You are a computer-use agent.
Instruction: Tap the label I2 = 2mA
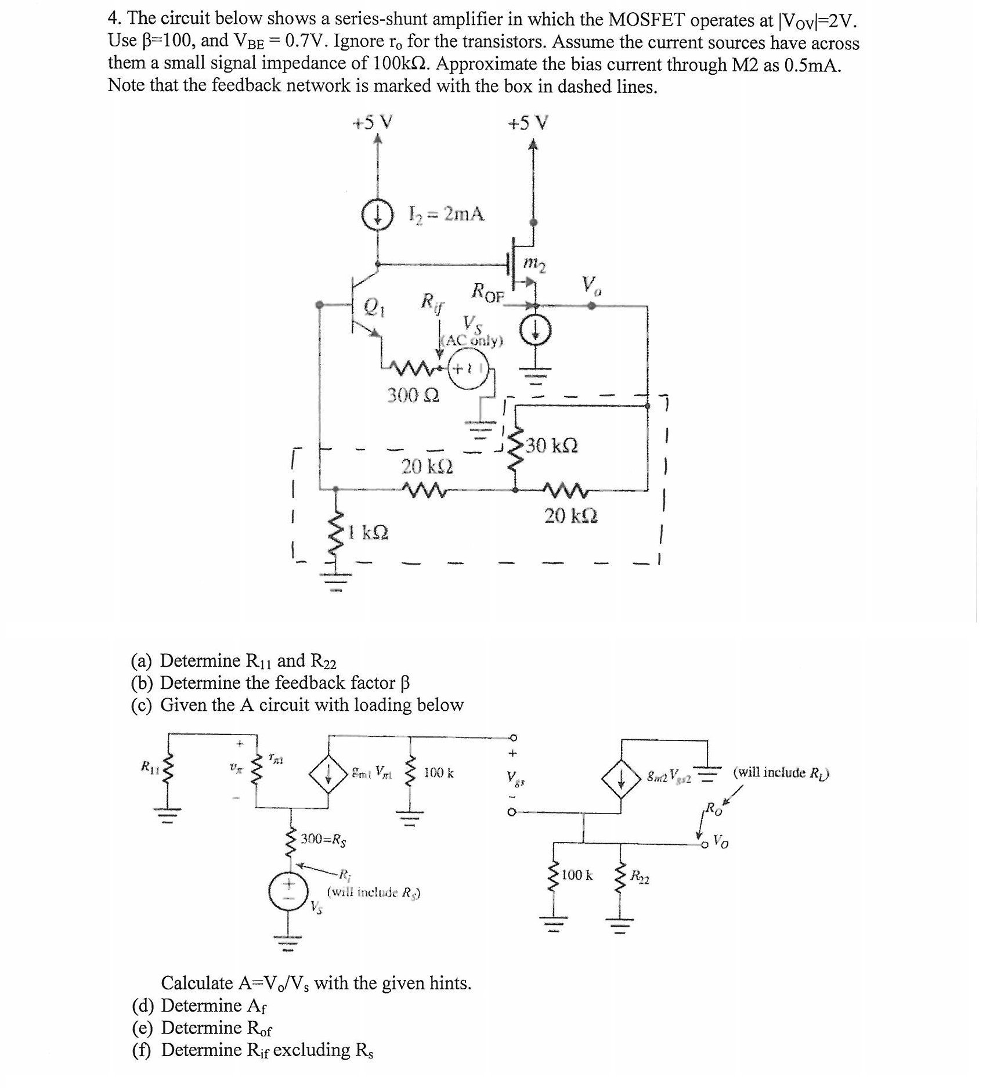(446, 215)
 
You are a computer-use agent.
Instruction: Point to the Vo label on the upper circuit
(592, 285)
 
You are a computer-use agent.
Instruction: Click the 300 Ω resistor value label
(413, 396)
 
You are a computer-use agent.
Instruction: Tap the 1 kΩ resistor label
(368, 532)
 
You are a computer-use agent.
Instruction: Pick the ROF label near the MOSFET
(488, 292)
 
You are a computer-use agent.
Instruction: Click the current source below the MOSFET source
(534, 332)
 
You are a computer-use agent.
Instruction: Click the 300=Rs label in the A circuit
(323, 839)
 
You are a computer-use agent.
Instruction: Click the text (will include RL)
(781, 772)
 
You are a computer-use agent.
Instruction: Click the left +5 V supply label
(373, 122)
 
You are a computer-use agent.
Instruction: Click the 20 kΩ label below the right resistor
(571, 515)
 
